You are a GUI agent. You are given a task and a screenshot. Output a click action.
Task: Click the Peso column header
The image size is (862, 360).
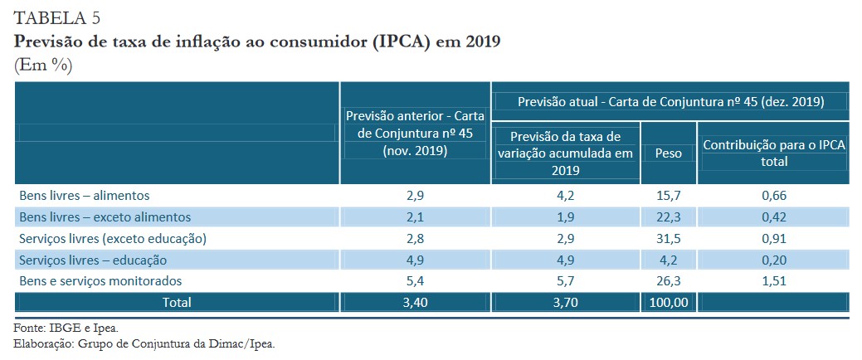click(x=669, y=153)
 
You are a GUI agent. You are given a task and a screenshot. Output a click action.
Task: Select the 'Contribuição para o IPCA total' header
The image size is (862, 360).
click(x=773, y=153)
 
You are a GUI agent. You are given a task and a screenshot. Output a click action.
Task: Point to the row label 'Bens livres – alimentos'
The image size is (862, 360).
click(x=84, y=196)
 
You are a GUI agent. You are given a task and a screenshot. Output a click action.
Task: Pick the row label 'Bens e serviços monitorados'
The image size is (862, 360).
click(x=100, y=281)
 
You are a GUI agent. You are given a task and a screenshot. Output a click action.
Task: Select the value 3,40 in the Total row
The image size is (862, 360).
click(x=415, y=302)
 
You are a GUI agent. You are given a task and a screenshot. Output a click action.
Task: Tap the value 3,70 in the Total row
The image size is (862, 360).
click(x=566, y=302)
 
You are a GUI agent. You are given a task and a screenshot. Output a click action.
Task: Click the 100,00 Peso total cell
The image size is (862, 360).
click(x=669, y=302)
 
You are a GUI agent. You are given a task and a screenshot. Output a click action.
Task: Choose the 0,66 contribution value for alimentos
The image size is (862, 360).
click(x=773, y=196)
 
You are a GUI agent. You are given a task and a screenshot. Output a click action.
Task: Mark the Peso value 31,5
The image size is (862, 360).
click(x=669, y=238)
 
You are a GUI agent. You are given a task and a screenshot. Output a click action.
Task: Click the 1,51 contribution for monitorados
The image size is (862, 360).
click(x=773, y=281)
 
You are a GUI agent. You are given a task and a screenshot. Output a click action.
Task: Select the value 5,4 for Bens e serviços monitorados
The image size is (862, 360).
click(x=415, y=281)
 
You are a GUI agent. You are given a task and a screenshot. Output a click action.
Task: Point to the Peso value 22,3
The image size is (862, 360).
click(x=669, y=217)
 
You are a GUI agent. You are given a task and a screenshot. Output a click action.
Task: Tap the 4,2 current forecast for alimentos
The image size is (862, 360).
click(x=566, y=196)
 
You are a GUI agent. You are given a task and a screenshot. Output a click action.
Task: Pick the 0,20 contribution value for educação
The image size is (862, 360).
click(x=773, y=260)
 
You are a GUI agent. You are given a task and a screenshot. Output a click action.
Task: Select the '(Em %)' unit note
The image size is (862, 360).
click(x=43, y=66)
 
